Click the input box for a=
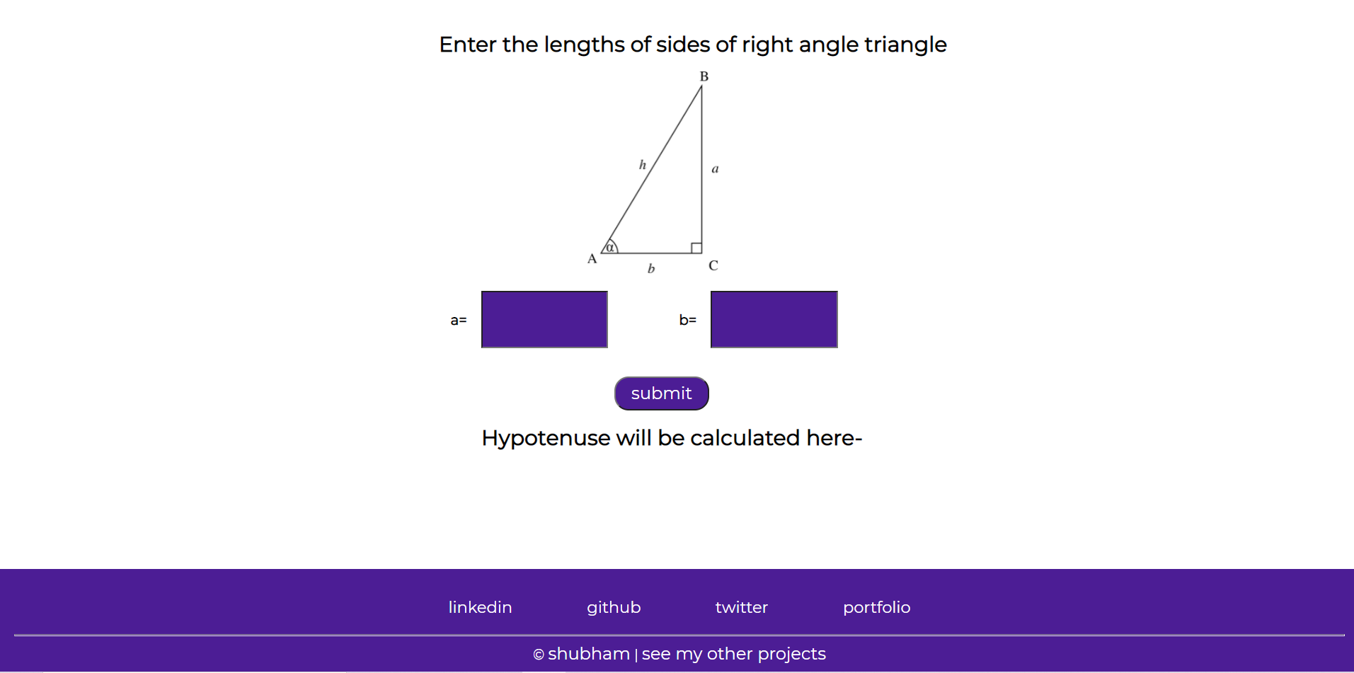tap(544, 319)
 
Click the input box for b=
tap(774, 319)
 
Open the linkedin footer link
tap(480, 607)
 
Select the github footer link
tap(614, 608)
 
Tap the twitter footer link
tap(741, 607)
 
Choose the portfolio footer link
tap(876, 608)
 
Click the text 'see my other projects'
tap(733, 654)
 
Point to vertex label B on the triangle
tap(704, 76)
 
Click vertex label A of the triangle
tap(592, 259)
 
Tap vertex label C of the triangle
tap(713, 265)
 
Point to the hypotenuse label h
tap(643, 165)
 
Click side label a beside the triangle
tap(715, 169)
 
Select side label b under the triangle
tap(651, 268)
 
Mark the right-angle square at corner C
tap(696, 248)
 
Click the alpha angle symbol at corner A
tap(610, 247)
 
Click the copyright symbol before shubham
tap(539, 655)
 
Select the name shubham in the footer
tap(589, 654)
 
